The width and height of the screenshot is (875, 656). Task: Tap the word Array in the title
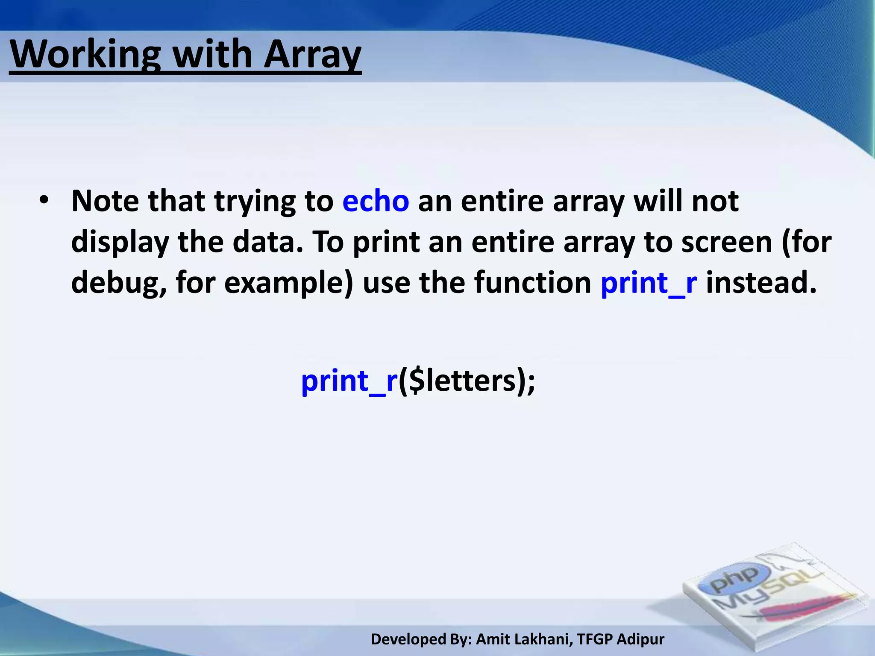tap(312, 55)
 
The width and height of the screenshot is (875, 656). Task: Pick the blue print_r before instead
tap(649, 283)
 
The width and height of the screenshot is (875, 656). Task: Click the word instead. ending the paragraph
tap(761, 283)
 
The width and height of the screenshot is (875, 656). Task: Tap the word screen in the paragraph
tap(726, 242)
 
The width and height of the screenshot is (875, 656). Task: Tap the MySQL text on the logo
tap(765, 592)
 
